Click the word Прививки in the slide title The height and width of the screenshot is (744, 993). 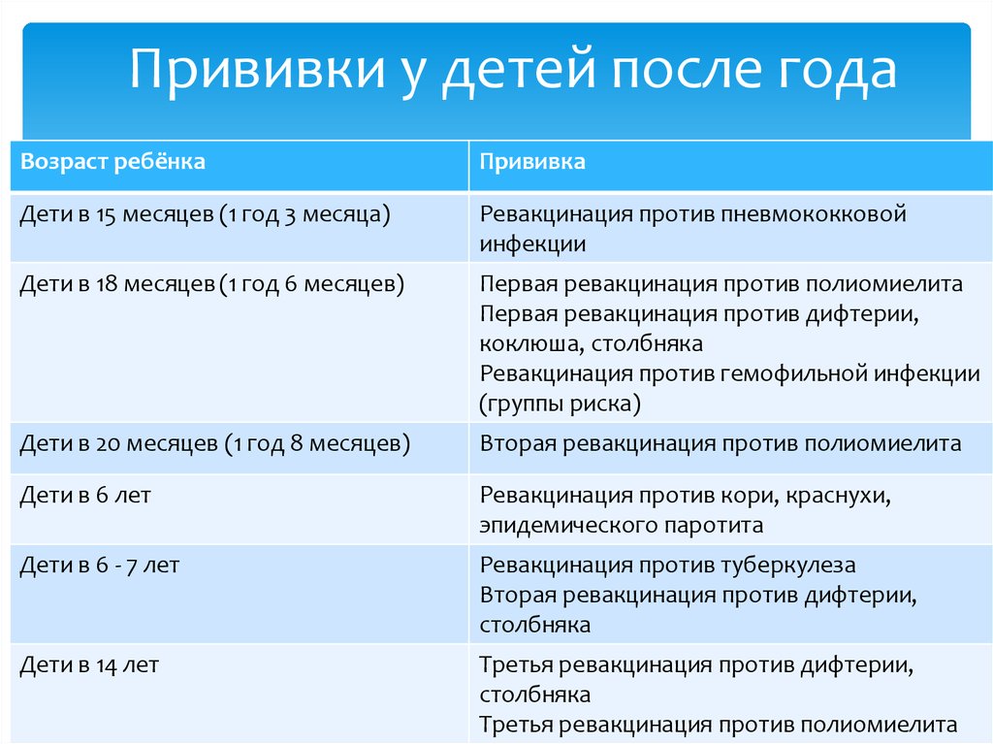point(258,69)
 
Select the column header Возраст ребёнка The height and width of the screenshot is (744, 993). point(112,162)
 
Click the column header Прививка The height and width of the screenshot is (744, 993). point(532,162)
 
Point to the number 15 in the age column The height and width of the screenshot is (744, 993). point(106,214)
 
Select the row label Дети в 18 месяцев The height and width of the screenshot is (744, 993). point(117,283)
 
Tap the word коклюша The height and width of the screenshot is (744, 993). point(530,344)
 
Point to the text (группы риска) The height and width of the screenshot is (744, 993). point(560,404)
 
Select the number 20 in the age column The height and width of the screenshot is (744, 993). point(108,443)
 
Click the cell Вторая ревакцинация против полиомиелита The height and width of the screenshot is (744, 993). point(721,443)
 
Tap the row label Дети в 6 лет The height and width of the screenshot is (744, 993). point(85,495)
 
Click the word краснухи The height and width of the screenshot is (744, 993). point(839,495)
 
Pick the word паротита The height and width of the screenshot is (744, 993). point(714,526)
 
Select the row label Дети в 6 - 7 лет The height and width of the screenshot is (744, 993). point(100,565)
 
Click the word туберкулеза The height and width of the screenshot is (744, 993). point(784,566)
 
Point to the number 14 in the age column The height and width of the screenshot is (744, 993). point(106,665)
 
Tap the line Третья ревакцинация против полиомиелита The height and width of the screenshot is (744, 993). point(719,725)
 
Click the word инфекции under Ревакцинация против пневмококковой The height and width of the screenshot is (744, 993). point(532,244)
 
